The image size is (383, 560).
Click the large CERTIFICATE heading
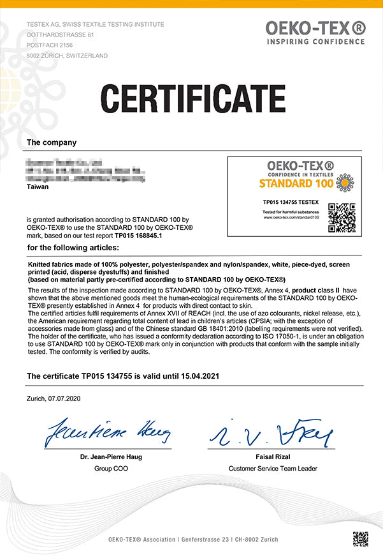click(192, 99)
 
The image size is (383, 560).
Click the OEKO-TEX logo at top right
click(315, 29)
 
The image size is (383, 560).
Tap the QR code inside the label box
click(341, 217)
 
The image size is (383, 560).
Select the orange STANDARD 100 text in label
click(295, 184)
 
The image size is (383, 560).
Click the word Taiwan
click(38, 188)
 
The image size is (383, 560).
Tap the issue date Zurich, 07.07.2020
click(54, 398)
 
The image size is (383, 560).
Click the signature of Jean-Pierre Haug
click(106, 434)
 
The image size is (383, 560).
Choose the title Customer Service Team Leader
click(273, 469)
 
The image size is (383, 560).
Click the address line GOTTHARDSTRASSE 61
click(60, 34)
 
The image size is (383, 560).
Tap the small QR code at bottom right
click(360, 538)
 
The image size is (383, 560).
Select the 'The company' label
click(52, 142)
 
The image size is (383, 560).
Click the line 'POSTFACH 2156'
click(50, 45)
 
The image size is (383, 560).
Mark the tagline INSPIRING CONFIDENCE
click(315, 42)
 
